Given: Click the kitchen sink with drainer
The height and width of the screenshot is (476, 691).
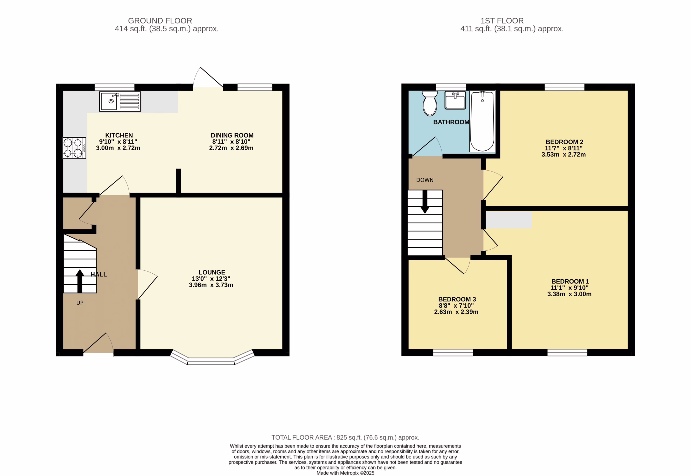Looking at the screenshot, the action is tap(120, 102).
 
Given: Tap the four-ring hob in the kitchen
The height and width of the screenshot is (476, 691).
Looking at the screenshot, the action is tap(74, 148).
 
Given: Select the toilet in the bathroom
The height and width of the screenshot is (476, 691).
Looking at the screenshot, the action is tap(430, 103).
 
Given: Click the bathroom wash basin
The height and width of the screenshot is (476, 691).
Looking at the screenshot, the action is tap(455, 100).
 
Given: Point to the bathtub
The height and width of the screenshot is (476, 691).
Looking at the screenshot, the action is tap(482, 121).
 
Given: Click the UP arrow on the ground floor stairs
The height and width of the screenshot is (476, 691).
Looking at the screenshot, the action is tap(80, 281).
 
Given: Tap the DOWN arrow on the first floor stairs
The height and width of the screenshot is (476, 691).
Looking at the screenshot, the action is tap(425, 202).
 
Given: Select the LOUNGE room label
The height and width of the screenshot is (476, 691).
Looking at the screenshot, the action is tap(212, 272).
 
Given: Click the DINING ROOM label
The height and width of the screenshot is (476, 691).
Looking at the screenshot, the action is tap(232, 135).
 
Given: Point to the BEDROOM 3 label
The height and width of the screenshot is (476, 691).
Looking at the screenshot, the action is tap(457, 299).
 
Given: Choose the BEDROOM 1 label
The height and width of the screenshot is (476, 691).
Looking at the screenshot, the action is tap(570, 281).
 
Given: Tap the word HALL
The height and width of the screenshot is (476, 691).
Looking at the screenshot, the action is tap(99, 274).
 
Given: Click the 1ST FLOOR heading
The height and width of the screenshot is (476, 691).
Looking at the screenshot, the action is tap(502, 21).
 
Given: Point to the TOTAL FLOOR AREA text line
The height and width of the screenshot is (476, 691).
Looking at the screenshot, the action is tap(345, 437).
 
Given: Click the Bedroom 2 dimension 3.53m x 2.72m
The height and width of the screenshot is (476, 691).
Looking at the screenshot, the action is tap(563, 155).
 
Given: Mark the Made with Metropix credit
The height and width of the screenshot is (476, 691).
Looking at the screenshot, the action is tap(345, 473).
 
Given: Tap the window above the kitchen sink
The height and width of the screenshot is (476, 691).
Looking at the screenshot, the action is tap(114, 87).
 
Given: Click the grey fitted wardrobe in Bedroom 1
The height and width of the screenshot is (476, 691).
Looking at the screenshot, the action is tap(509, 220).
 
